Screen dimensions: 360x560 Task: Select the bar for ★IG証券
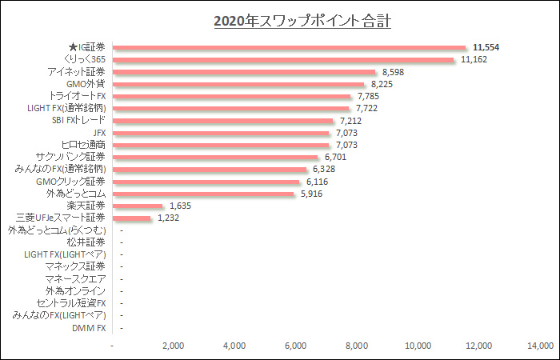pyautogui.click(x=290, y=47)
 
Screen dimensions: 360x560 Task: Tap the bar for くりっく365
pyautogui.click(x=284, y=59)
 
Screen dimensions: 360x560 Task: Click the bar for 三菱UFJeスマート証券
pyautogui.click(x=132, y=218)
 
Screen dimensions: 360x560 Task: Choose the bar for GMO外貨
pyautogui.click(x=239, y=84)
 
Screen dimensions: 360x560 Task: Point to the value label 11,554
pyautogui.click(x=486, y=47)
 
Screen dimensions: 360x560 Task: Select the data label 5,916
pyautogui.click(x=312, y=194)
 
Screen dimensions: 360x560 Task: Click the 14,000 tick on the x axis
pyautogui.click(x=540, y=346)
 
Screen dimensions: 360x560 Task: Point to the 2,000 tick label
pyautogui.click(x=174, y=346)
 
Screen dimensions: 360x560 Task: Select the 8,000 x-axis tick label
pyautogui.click(x=357, y=346)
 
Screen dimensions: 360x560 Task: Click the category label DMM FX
pyautogui.click(x=89, y=328)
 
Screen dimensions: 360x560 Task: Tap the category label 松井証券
pyautogui.click(x=86, y=242)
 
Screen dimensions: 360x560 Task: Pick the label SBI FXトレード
pyautogui.click(x=73, y=121)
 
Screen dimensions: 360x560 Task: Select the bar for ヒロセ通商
pyautogui.click(x=222, y=145)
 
